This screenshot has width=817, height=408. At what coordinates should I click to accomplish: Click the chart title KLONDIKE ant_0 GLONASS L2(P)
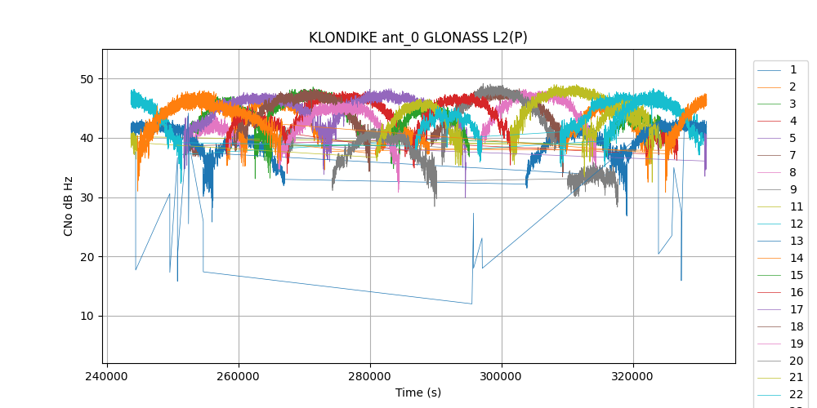pyautogui.click(x=417, y=38)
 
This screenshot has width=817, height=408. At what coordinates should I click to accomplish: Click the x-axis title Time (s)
pyautogui.click(x=417, y=392)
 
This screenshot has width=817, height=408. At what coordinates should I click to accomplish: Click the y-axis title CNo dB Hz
pyautogui.click(x=69, y=206)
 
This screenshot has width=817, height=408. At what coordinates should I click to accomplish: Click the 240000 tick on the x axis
pyautogui.click(x=107, y=378)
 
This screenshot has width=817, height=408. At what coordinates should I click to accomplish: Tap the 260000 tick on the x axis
pyautogui.click(x=239, y=378)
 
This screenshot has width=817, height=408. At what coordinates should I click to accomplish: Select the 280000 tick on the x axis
pyautogui.click(x=370, y=378)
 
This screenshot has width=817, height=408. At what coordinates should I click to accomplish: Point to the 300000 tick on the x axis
pyautogui.click(x=502, y=378)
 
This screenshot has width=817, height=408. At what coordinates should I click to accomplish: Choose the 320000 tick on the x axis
pyautogui.click(x=633, y=378)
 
